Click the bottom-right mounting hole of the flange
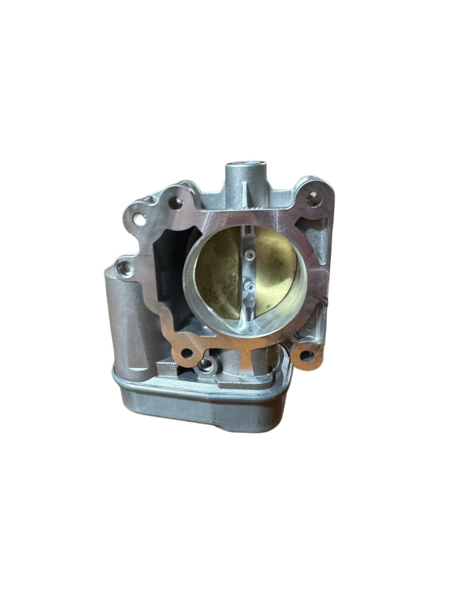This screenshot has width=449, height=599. coord(307,356)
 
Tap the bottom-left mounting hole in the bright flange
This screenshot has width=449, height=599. coord(186,353)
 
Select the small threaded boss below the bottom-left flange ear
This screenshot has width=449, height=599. coord(205,364)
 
